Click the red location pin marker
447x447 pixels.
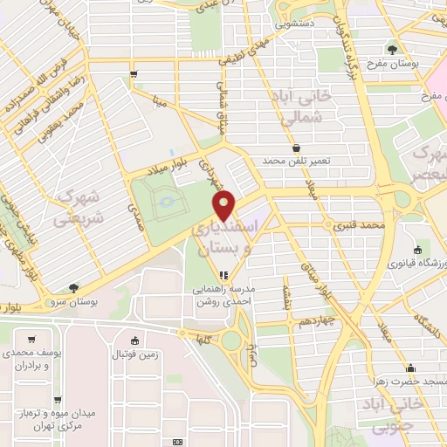[225, 204]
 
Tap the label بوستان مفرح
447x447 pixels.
[408, 65]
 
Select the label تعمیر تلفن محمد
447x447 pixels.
[297, 162]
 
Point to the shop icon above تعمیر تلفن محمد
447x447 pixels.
[297, 148]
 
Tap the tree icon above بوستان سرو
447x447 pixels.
[74, 287]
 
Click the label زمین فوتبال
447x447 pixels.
[134, 354]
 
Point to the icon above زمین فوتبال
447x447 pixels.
[134, 341]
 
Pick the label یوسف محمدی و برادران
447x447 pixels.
[31, 359]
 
